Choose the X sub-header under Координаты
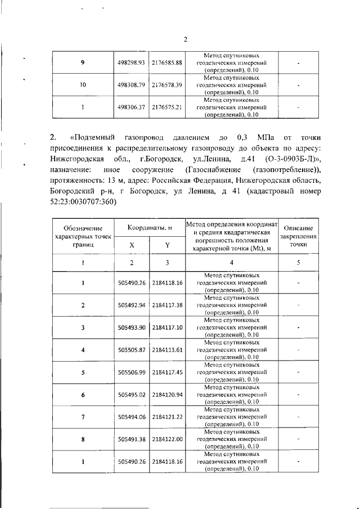pyautogui.click(x=132, y=245)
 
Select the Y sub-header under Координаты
pyautogui.click(x=167, y=245)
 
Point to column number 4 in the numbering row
pyautogui.click(x=231, y=262)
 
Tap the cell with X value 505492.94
pyautogui.click(x=132, y=305)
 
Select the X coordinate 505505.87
pyautogui.click(x=132, y=349)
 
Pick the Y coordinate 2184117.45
pyautogui.click(x=167, y=372)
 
